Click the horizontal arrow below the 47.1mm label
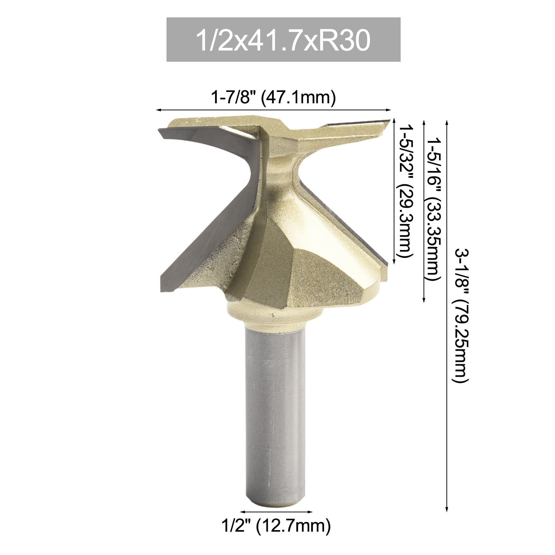273,110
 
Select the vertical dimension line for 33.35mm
424,212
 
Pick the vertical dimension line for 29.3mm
394,193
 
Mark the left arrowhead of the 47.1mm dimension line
158,110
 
